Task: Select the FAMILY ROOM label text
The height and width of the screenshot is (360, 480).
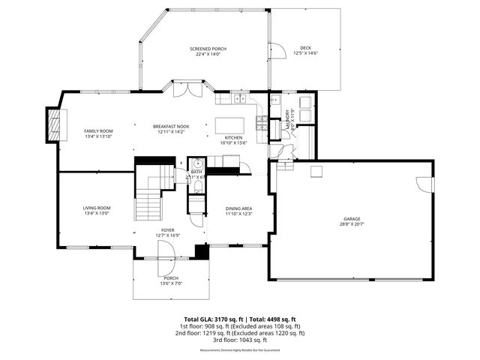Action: [97, 131]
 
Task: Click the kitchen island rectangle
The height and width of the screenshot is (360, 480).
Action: [230, 124]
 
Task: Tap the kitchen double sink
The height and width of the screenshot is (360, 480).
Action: [239, 98]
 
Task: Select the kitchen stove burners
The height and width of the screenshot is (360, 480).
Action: [262, 123]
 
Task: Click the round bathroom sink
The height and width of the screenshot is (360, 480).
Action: [196, 163]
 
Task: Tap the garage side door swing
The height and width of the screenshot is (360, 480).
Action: [425, 184]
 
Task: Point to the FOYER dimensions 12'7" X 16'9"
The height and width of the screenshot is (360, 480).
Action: [168, 235]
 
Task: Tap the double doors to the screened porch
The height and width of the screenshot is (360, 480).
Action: [184, 90]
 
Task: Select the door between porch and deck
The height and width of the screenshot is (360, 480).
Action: [277, 50]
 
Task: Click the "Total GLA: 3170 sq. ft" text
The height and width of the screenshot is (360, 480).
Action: [211, 319]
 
